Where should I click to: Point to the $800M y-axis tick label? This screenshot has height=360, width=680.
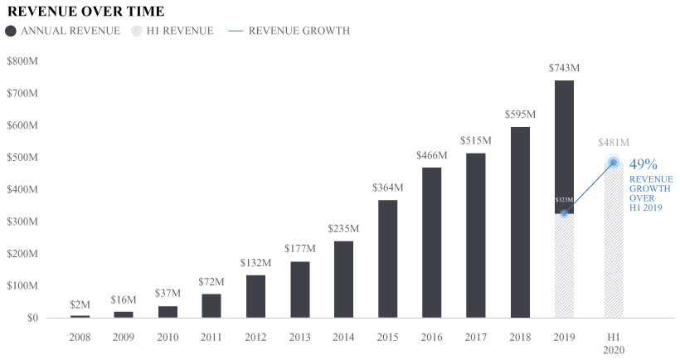click(22, 61)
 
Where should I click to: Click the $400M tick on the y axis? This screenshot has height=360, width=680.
click(22, 189)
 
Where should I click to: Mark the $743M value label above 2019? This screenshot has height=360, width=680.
click(564, 67)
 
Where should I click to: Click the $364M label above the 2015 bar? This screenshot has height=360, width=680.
click(387, 187)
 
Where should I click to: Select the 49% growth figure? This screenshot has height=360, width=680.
click(644, 164)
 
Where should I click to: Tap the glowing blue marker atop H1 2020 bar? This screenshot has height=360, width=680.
click(614, 163)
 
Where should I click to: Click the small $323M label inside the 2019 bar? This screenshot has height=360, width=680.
click(564, 200)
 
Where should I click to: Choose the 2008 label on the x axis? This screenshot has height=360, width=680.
click(80, 338)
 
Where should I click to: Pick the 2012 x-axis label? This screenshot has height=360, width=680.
click(255, 338)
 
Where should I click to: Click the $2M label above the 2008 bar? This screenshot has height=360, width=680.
click(80, 304)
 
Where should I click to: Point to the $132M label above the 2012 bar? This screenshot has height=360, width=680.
click(255, 263)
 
